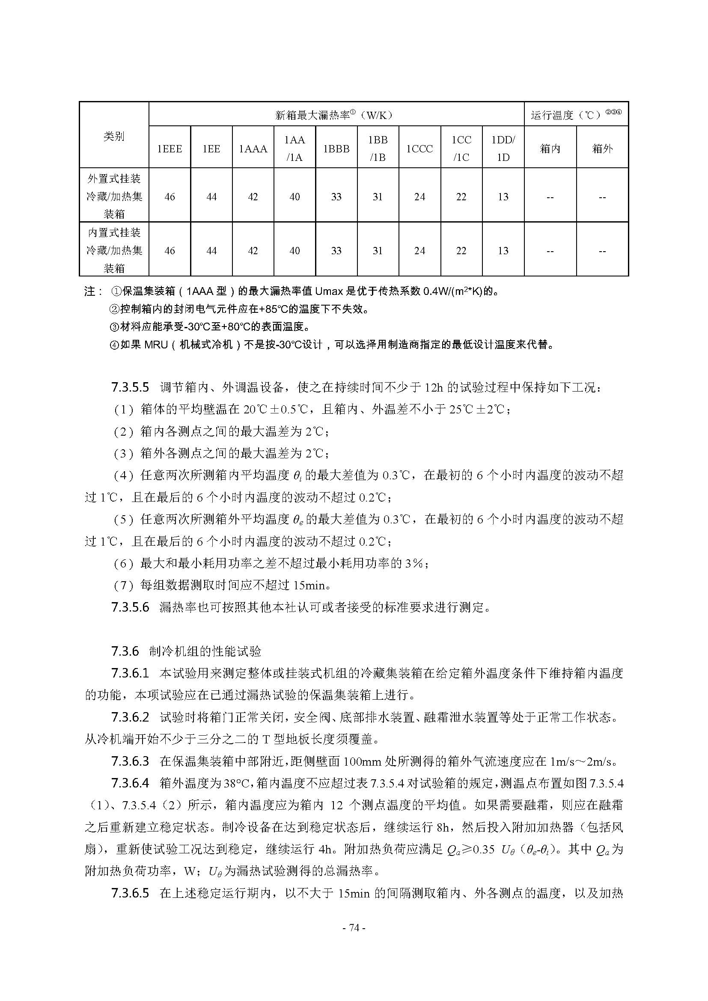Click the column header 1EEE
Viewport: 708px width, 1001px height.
coord(170,149)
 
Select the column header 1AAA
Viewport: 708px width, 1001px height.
coord(253,149)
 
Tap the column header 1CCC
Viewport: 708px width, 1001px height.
coord(419,149)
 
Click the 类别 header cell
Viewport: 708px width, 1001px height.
coord(114,137)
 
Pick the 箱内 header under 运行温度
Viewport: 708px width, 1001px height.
coord(550,149)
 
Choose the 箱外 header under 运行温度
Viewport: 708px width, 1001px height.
coord(602,149)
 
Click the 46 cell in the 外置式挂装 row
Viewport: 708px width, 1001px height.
coord(170,197)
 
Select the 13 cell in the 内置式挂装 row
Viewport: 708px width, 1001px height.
coord(503,251)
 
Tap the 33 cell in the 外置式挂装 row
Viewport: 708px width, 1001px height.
coord(336,197)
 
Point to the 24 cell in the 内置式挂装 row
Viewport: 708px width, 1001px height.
coord(419,251)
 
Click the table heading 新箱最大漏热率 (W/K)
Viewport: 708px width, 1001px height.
coord(334,116)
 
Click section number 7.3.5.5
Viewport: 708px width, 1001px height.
coord(130,387)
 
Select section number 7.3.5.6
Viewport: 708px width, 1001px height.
coord(130,607)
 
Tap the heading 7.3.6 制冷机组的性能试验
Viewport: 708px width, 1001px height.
coord(186,651)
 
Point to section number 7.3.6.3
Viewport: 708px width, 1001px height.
coord(130,761)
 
